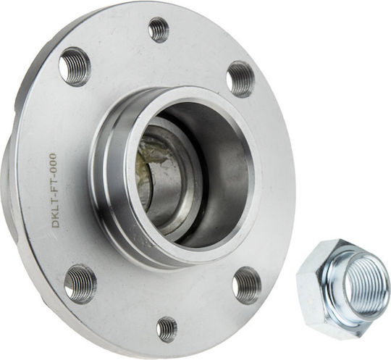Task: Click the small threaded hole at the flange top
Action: (x=159, y=30)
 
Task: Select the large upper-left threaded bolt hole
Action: (x=75, y=66)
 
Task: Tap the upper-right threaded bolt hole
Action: (x=241, y=80)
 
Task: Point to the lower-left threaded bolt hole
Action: (x=80, y=285)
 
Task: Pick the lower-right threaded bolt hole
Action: (x=247, y=285)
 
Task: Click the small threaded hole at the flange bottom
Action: (x=167, y=329)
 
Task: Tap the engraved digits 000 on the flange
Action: (x=53, y=162)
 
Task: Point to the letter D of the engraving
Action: (x=55, y=223)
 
